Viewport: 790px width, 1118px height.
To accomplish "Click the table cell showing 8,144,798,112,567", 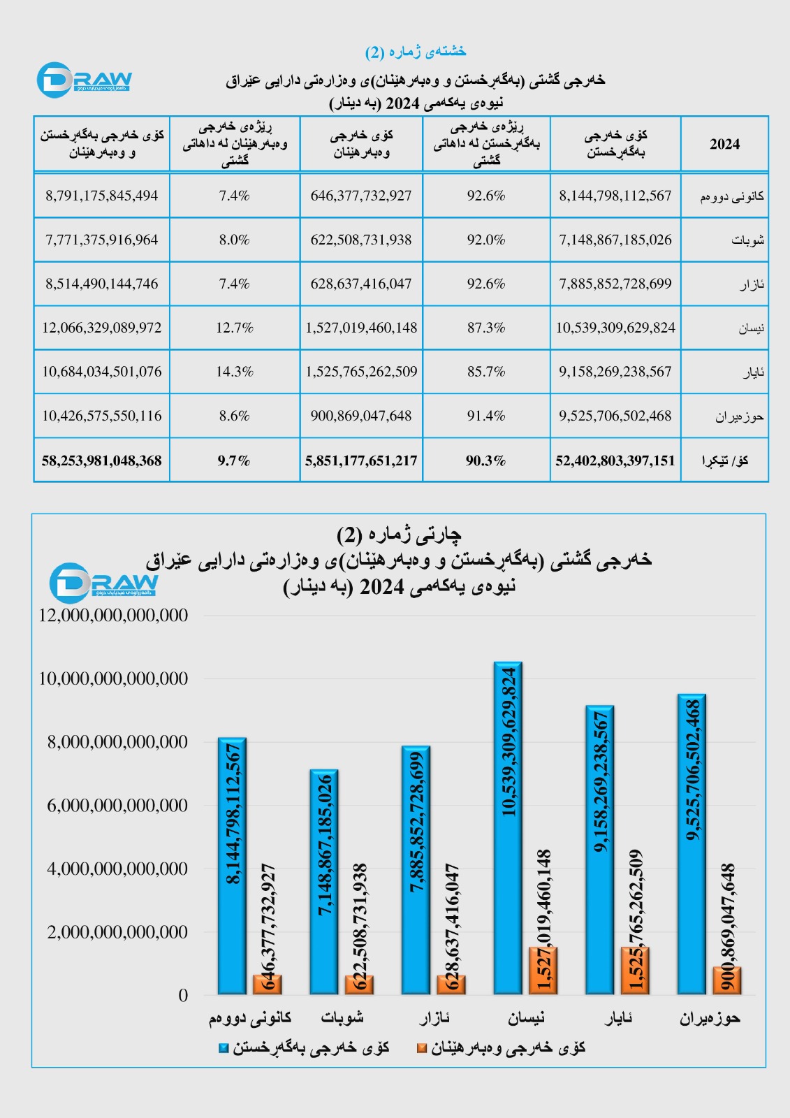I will coord(615,196).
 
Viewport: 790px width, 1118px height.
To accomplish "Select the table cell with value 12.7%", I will coord(235,328).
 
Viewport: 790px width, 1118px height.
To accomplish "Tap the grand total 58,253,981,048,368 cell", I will coord(102,460).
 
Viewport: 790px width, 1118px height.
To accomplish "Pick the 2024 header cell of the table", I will coord(724,144).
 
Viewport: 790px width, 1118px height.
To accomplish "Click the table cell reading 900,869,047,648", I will coord(361,416).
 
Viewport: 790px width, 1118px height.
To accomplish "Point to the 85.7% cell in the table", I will coord(486,372).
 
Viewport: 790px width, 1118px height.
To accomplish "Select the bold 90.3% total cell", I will coord(486,460).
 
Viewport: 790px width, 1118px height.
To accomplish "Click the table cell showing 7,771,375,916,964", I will coord(102,240).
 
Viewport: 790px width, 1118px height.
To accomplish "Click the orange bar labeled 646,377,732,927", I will coord(268,985).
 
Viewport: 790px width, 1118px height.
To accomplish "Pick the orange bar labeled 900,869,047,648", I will coord(727,980).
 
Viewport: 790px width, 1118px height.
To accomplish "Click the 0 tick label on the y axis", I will coord(183,995).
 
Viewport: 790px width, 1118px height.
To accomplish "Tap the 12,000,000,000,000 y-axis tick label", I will coord(113,616).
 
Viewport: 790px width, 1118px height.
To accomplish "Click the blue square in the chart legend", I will coord(224,1048).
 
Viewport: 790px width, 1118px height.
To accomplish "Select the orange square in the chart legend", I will coord(421,1048).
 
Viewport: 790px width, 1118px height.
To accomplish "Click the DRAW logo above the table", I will coord(84,80).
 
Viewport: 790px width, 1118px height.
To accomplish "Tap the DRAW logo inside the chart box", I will coord(103,582).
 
